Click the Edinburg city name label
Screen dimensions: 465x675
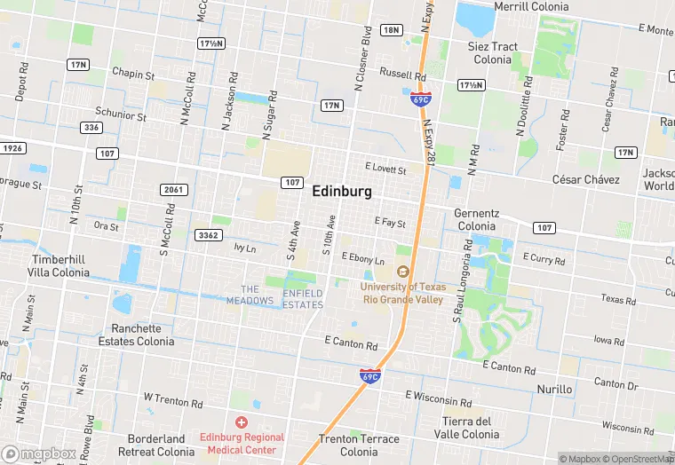342,192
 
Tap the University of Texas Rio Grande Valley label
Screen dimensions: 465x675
402,293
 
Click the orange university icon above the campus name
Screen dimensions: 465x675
402,272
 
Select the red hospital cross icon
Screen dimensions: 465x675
241,422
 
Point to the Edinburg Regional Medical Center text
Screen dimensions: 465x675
241,443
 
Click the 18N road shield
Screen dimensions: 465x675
391,30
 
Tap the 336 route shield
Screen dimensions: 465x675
91,127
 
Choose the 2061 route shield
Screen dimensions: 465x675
173,190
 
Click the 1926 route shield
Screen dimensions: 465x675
12,148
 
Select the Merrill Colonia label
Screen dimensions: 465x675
530,6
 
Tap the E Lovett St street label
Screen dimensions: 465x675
385,168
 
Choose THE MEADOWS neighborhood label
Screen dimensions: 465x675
250,295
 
